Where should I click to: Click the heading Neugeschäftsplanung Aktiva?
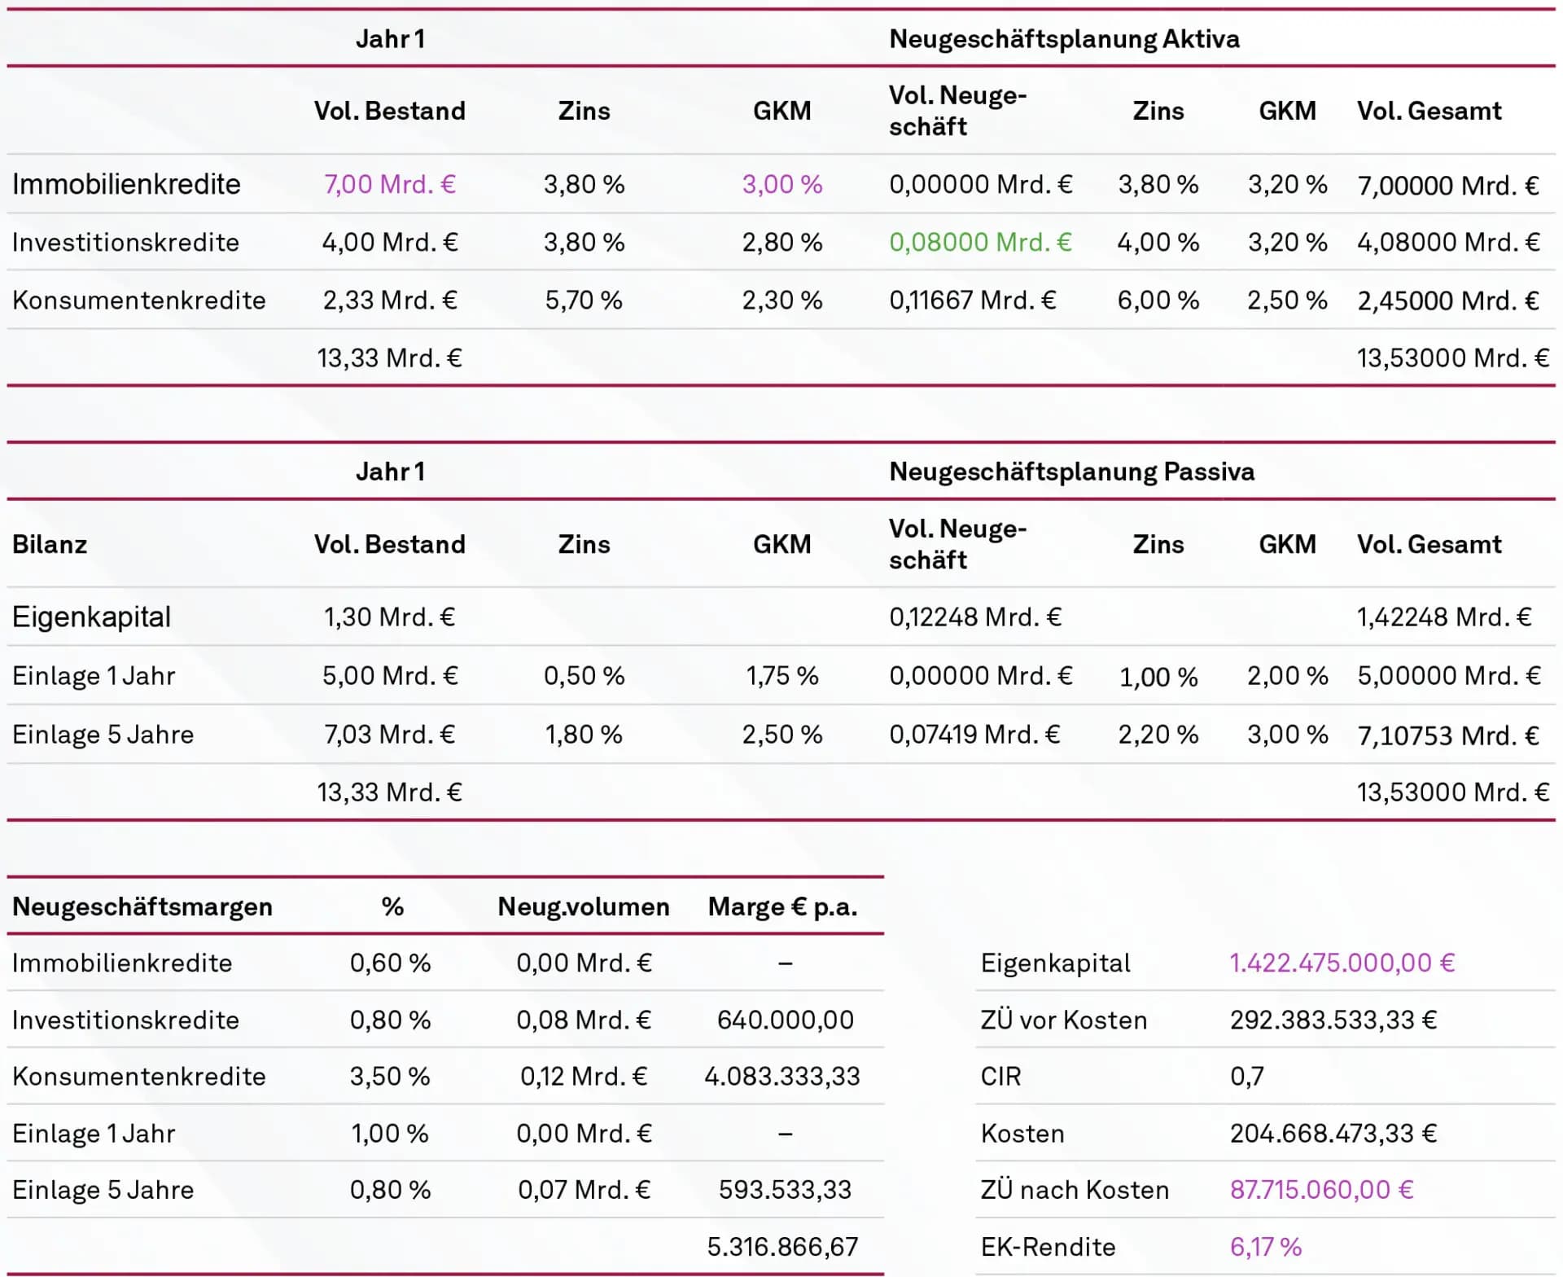(x=1064, y=39)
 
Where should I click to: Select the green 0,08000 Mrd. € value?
(x=980, y=242)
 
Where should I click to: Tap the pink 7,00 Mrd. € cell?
(x=390, y=184)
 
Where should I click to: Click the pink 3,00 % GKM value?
(x=782, y=184)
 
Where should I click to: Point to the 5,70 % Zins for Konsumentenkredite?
(x=584, y=301)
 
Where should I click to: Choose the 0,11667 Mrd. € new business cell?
(x=973, y=301)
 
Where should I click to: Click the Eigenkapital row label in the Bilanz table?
(x=91, y=617)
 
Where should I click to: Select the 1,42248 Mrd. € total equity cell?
(x=1444, y=617)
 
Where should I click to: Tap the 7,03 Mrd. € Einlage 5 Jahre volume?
(x=390, y=735)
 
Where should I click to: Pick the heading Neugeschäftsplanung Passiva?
(x=1071, y=472)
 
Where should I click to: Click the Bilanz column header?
(x=50, y=544)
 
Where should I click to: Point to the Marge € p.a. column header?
(x=782, y=906)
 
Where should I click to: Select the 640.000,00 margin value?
(x=785, y=1020)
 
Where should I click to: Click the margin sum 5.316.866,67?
(x=782, y=1247)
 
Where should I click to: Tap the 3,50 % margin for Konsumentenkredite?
(x=390, y=1077)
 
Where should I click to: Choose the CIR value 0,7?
(x=1246, y=1077)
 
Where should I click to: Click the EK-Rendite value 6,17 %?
(x=1265, y=1247)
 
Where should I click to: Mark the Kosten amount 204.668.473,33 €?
(x=1333, y=1134)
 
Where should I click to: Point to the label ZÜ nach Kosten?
(x=1075, y=1190)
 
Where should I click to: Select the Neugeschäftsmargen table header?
(x=142, y=906)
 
